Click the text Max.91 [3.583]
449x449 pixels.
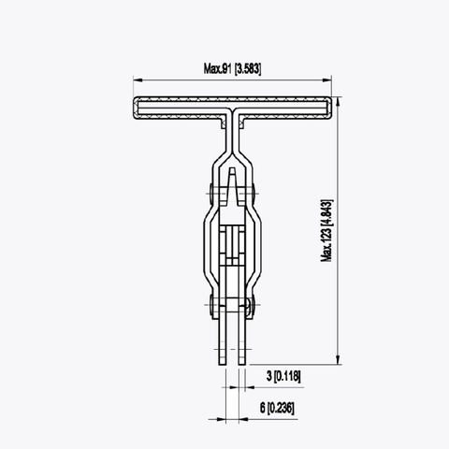[x=233, y=68]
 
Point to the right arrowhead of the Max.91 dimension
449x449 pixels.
[x=332, y=80]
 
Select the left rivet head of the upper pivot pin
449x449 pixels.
[x=211, y=196]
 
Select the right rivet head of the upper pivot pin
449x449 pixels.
[x=254, y=196]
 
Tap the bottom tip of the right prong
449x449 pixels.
[x=242, y=362]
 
